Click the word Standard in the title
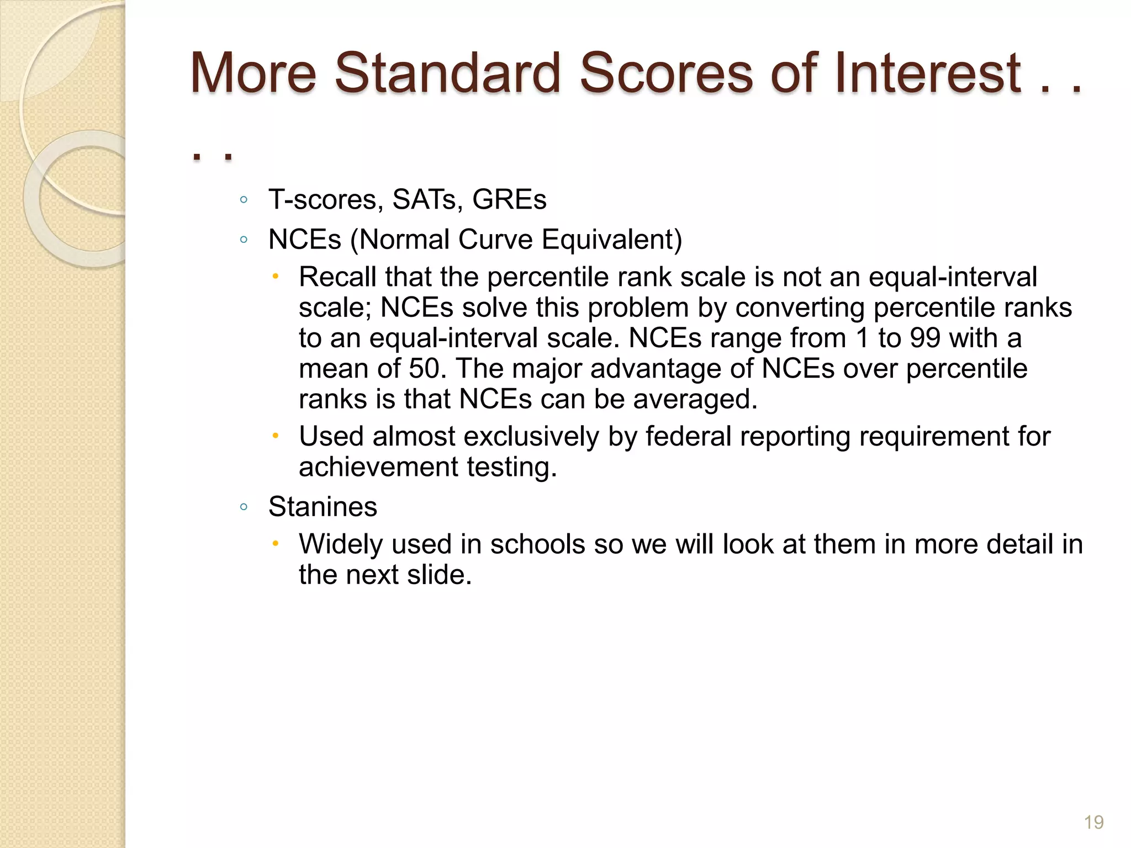click(447, 73)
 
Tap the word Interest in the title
click(928, 73)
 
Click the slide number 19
click(1093, 823)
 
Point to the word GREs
click(509, 199)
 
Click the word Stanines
click(323, 507)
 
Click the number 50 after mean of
click(427, 368)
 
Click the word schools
click(537, 544)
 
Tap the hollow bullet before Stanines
click(244, 507)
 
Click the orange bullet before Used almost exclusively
click(276, 436)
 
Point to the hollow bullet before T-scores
click(244, 200)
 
